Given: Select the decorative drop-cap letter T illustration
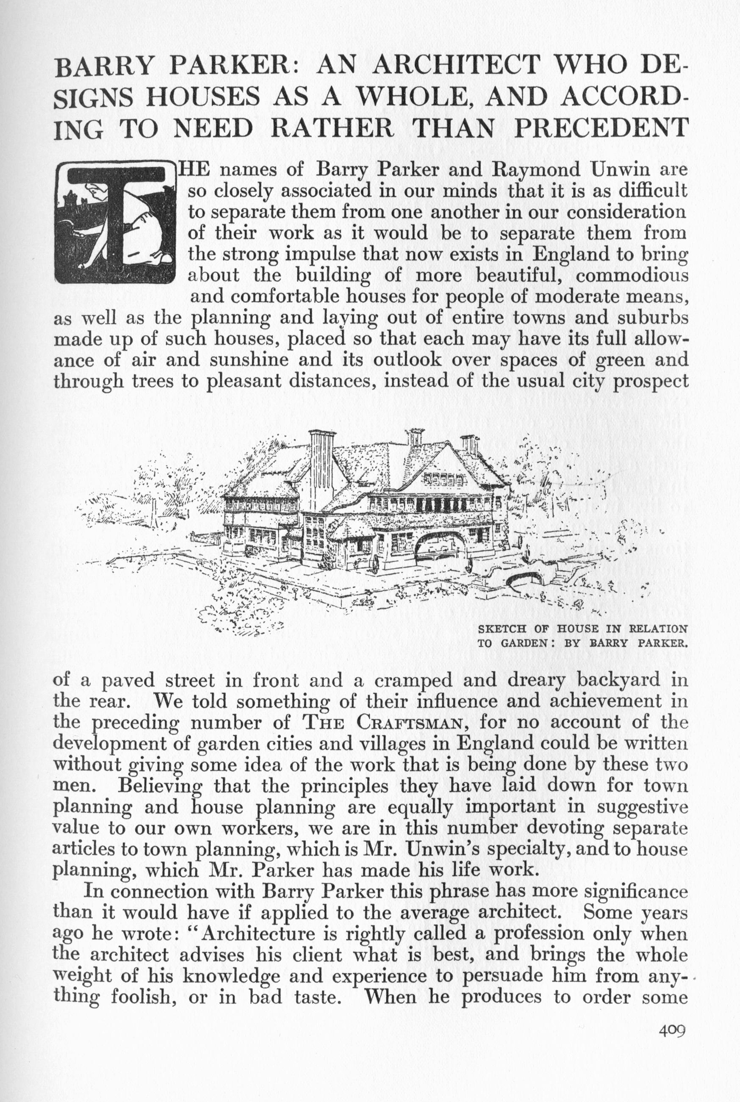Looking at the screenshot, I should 115,223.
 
